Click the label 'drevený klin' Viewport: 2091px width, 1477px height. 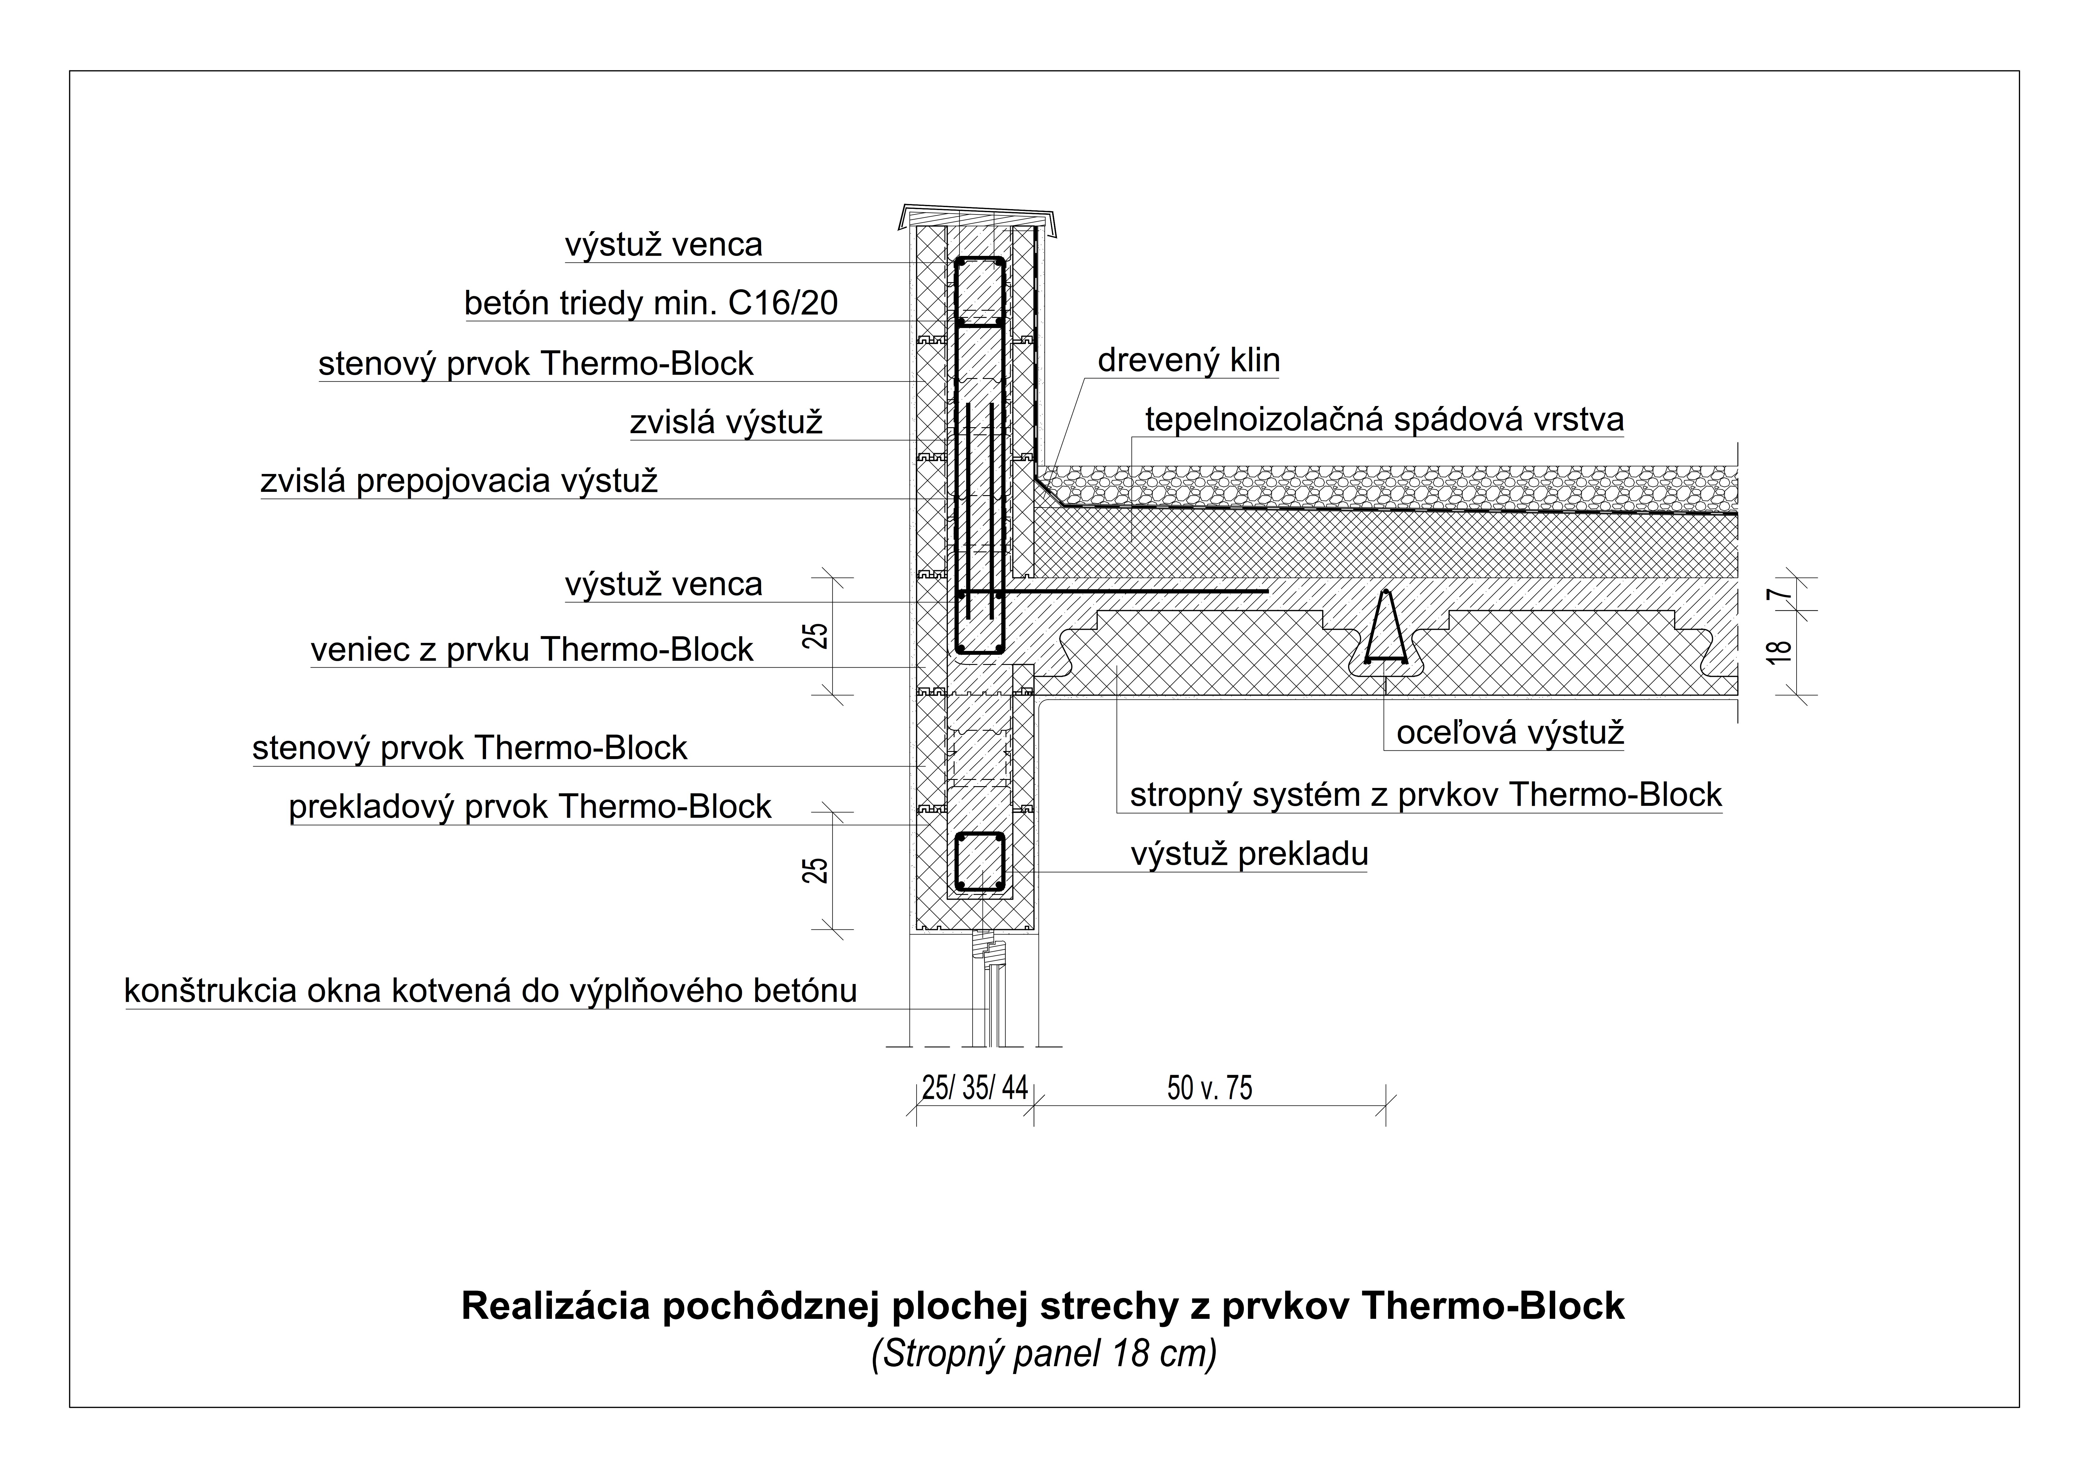tap(1188, 360)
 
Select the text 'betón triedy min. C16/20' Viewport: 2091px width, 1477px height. tap(651, 303)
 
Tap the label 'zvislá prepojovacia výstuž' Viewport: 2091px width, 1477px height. tap(459, 481)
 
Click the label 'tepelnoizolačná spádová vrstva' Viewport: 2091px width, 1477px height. tap(1384, 420)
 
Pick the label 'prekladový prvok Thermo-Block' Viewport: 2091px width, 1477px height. tap(530, 807)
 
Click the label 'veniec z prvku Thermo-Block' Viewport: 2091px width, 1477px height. tap(532, 650)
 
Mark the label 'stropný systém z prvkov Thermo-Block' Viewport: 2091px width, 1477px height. tap(1426, 795)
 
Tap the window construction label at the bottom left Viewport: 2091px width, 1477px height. tap(491, 991)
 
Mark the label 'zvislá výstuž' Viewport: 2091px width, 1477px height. tap(726, 422)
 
